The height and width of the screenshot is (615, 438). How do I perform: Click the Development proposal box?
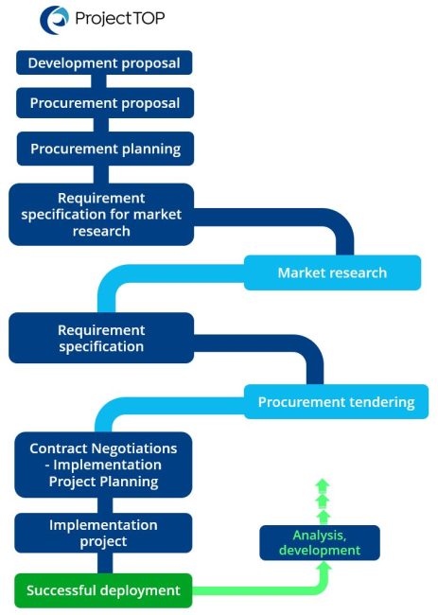104,63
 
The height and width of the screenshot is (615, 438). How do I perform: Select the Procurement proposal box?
104,102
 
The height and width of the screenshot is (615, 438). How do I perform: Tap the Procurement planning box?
104,149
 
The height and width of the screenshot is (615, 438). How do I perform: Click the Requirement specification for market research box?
101,214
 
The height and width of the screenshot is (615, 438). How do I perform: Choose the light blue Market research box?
332,272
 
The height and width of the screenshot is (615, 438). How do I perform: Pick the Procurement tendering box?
336,402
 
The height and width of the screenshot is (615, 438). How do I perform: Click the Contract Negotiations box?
103,465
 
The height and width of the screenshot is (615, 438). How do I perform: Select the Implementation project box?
103,533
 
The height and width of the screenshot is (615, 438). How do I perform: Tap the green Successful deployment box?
103,590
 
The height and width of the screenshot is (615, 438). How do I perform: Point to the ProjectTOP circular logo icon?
55,19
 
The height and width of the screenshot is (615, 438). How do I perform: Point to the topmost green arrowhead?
323,483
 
